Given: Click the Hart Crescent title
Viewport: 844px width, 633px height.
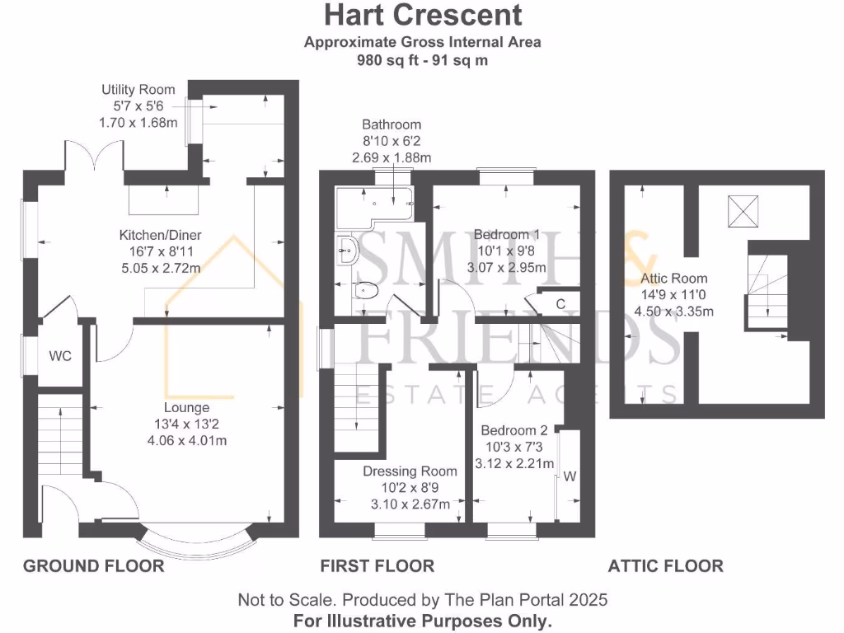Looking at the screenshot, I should point(422,15).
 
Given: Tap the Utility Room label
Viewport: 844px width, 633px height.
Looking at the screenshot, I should point(138,90).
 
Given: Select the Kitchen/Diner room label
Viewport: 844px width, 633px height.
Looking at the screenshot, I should point(160,236).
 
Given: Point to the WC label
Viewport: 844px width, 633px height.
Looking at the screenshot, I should point(60,356).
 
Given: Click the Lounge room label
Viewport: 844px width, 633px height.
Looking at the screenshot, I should point(187,407).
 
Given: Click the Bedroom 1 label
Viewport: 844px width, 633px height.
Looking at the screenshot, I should point(507,234).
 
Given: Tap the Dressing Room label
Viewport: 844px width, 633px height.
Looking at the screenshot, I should point(410,471).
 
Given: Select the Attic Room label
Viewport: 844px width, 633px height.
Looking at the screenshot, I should point(673,279).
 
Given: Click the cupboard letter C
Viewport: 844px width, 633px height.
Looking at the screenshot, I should point(560,304).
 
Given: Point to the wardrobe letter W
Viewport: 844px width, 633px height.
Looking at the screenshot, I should point(569,476).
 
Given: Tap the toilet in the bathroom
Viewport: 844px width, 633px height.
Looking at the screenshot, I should point(364,291).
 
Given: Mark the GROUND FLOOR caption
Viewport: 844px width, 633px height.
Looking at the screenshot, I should point(93,565).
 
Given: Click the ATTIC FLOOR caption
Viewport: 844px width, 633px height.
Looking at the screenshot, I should point(665,565).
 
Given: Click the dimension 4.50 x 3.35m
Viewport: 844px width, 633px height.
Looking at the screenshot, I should point(673,312).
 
